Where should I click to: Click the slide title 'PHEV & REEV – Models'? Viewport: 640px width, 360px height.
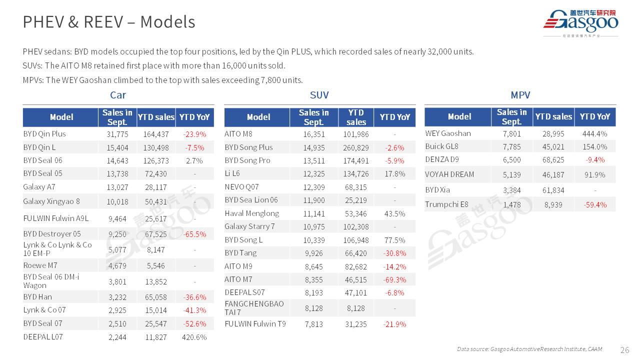(x=109, y=22)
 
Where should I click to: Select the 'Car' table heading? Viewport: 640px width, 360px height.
(x=118, y=95)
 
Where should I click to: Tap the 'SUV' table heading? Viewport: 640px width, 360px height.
(x=319, y=95)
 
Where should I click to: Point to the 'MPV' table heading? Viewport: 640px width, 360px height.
(x=520, y=95)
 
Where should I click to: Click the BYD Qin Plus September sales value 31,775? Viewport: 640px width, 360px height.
(x=117, y=134)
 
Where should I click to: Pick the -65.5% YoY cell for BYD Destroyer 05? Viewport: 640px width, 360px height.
(x=195, y=234)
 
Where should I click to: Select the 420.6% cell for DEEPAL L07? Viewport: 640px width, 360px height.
(x=194, y=337)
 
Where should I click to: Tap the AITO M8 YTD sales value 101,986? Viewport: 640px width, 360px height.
(x=356, y=134)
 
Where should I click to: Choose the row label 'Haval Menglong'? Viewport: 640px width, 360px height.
(x=252, y=213)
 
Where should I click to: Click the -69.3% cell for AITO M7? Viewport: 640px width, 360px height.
(x=394, y=279)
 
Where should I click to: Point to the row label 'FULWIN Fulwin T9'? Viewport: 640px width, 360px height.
(x=255, y=323)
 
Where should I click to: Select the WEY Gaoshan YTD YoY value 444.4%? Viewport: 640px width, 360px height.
(x=595, y=133)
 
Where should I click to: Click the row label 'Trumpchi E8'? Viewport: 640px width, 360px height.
(x=447, y=204)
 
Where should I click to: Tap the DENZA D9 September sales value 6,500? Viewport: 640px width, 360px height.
(x=511, y=160)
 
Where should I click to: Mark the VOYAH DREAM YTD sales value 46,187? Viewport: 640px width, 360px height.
(x=553, y=174)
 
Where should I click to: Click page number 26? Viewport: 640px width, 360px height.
(x=624, y=349)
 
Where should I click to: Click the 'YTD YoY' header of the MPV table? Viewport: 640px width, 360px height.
(x=595, y=116)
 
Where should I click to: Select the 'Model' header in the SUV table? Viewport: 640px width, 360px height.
(x=258, y=117)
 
